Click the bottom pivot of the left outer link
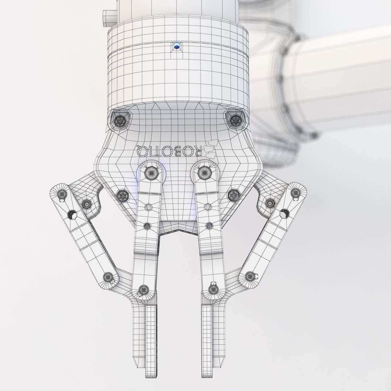pyautogui.click(x=108, y=278)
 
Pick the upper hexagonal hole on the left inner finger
pyautogui.click(x=148, y=207)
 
